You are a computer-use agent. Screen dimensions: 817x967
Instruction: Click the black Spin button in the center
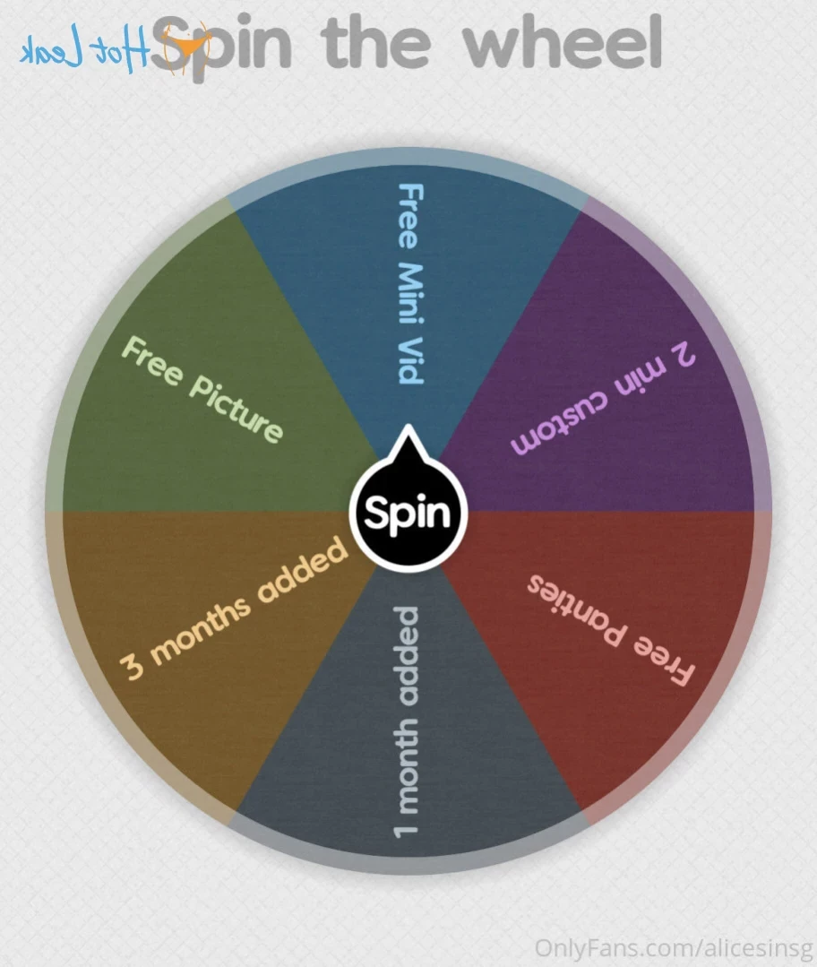pyautogui.click(x=408, y=512)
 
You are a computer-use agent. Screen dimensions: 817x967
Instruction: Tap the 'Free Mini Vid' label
pyautogui.click(x=410, y=284)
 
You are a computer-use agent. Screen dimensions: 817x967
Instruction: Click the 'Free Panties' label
pyautogui.click(x=610, y=630)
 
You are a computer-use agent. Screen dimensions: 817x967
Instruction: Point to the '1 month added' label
pyautogui.click(x=406, y=721)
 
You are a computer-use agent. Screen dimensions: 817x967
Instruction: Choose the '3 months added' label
pyautogui.click(x=233, y=609)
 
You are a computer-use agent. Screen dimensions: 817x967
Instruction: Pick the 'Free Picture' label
pyautogui.click(x=202, y=389)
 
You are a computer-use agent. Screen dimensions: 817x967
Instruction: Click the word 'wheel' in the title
pyautogui.click(x=563, y=42)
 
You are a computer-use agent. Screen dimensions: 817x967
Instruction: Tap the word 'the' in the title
pyautogui.click(x=374, y=42)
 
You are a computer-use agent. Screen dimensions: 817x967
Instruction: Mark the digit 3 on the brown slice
pyautogui.click(x=131, y=666)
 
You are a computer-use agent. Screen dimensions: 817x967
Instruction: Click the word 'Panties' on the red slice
pyautogui.click(x=577, y=609)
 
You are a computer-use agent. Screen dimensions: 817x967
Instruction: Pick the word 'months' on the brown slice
pyautogui.click(x=200, y=629)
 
